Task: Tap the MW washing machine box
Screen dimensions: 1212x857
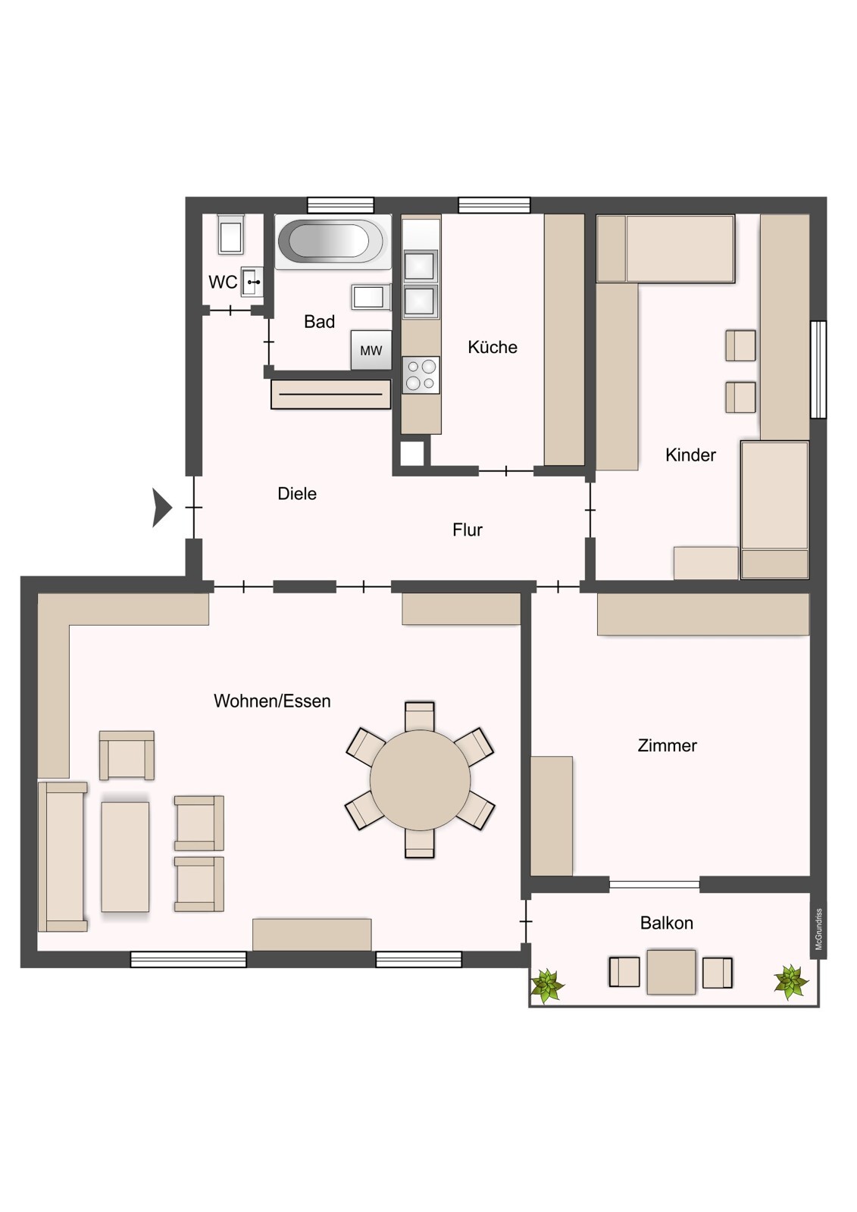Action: (x=371, y=350)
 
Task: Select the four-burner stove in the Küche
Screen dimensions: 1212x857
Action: (x=421, y=374)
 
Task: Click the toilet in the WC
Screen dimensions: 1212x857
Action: (x=231, y=235)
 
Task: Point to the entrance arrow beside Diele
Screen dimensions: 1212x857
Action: (x=161, y=507)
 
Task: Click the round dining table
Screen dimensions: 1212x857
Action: (x=420, y=779)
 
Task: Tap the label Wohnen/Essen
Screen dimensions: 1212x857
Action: (x=272, y=701)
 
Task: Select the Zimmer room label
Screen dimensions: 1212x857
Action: (x=667, y=745)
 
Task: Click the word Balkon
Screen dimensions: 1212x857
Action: (x=666, y=923)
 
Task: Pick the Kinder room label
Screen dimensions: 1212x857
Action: (x=690, y=454)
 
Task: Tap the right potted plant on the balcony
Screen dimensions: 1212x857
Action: (x=791, y=982)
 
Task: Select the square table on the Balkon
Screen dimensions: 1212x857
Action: (x=671, y=972)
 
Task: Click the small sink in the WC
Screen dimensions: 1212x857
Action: (x=252, y=281)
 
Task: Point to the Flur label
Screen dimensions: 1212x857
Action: (x=468, y=529)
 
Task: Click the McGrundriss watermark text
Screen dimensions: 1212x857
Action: (x=818, y=929)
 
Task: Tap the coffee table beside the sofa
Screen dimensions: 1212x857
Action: (x=125, y=856)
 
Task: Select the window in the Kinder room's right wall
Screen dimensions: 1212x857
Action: (x=818, y=370)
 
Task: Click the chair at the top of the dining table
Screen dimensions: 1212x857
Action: (x=420, y=716)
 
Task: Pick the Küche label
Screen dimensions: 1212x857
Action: (x=493, y=347)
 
